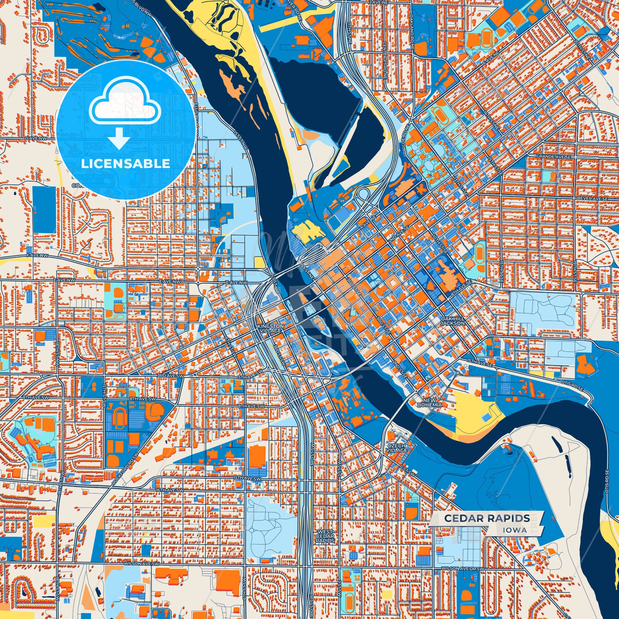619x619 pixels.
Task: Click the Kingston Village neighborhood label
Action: point(266,328)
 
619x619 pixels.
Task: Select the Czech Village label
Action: point(397,448)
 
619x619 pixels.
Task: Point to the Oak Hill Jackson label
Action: point(452,321)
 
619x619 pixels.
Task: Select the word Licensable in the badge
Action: point(125,163)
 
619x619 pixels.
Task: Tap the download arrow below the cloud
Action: point(119,138)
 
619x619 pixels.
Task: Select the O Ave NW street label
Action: point(36,138)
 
